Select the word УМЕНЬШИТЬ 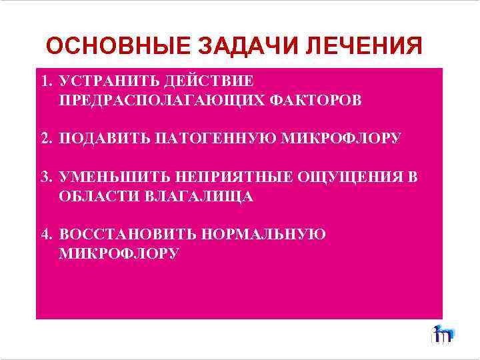pos(115,177)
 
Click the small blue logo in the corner pos(442,334)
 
